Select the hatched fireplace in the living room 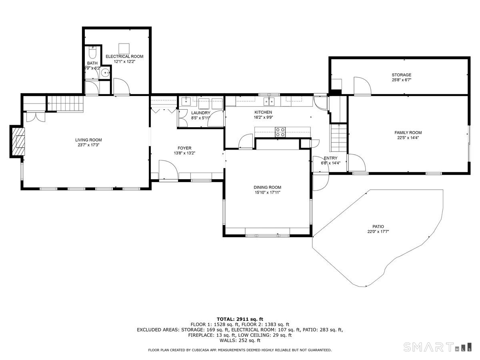pos(18,142)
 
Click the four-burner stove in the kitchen pos(280,132)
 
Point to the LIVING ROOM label pos(88,140)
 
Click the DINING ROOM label pos(267,187)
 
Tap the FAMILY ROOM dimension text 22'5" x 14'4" pos(408,138)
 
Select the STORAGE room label pos(401,75)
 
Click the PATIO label pos(378,227)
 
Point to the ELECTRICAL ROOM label pos(124,56)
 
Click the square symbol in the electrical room pos(124,48)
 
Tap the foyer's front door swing pos(168,170)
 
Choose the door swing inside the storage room pos(362,86)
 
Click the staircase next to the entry pos(338,138)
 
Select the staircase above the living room pos(65,104)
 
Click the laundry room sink pos(186,102)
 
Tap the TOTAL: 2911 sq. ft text pos(240,319)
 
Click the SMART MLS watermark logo pos(437,347)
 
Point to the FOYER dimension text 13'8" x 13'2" pos(184,153)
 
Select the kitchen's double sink pos(269,102)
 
